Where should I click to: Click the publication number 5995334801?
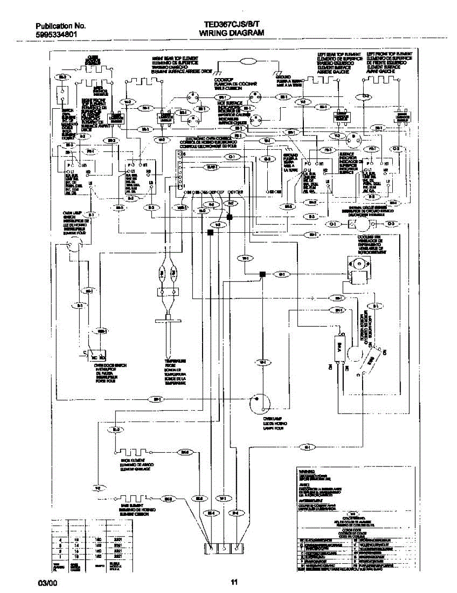pyautogui.click(x=56, y=35)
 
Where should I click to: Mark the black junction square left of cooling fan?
pyautogui.click(x=263, y=274)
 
